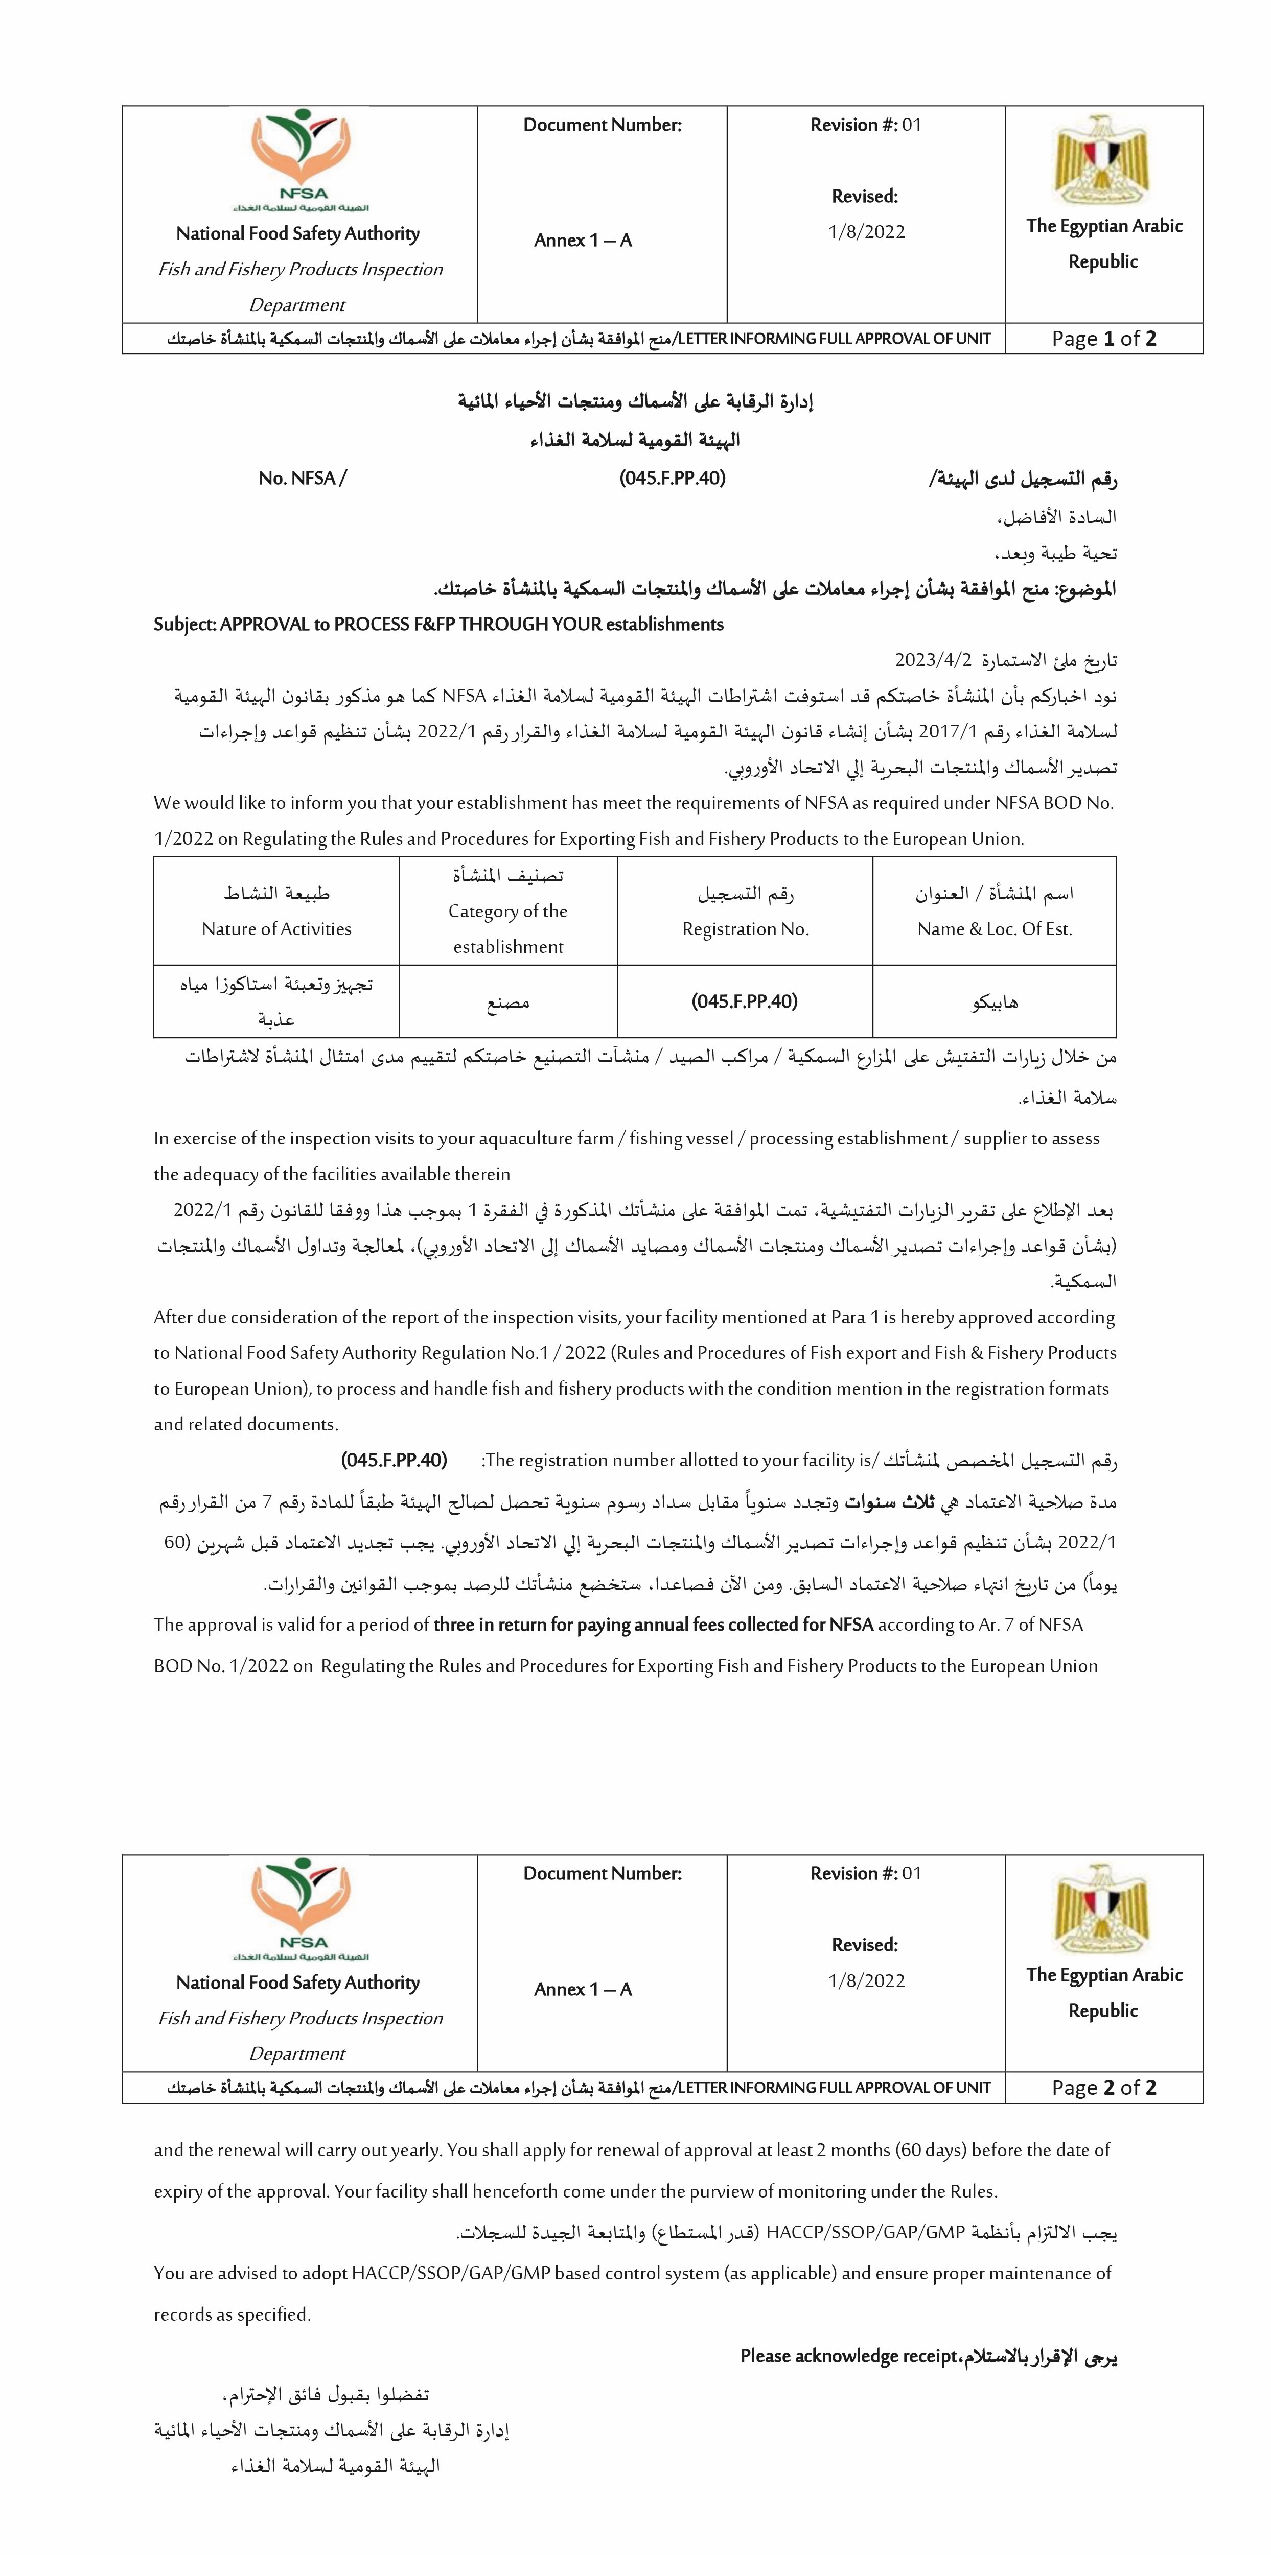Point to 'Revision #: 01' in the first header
865,125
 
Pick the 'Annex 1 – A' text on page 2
583,1989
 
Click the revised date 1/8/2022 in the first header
866,232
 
